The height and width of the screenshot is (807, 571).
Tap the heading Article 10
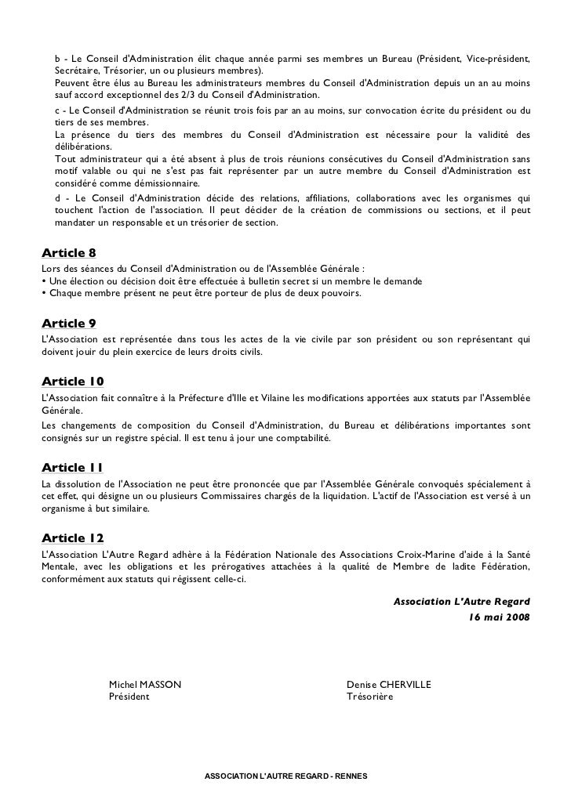click(72, 382)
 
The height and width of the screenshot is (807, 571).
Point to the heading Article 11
click(71, 468)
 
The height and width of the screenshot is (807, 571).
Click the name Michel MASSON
click(145, 685)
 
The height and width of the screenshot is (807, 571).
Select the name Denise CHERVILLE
click(389, 685)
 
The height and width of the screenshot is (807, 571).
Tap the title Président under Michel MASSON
click(129, 697)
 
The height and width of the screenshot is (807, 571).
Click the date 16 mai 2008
click(498, 617)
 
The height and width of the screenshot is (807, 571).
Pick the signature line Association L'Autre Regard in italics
click(461, 602)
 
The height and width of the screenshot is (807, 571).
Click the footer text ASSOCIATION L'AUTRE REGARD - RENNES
click(279, 775)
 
